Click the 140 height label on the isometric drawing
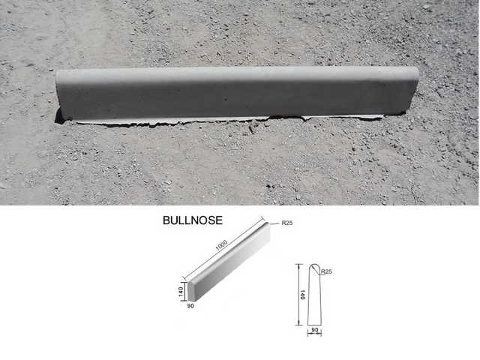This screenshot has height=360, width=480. click(181, 292)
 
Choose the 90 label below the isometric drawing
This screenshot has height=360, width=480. click(191, 305)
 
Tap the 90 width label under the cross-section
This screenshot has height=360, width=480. click(313, 330)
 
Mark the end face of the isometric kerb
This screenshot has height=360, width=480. click(191, 289)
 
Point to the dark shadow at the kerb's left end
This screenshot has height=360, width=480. click(58, 116)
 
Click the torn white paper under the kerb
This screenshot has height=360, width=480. click(225, 119)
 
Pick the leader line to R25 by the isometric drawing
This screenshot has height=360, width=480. click(274, 223)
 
